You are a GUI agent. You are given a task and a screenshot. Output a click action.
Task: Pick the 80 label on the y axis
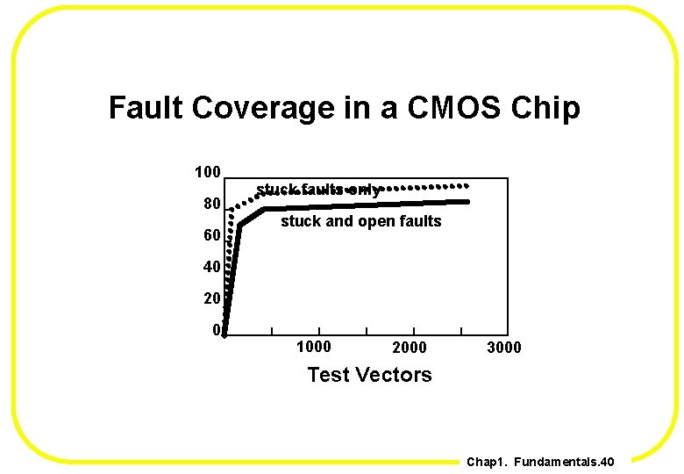[211, 204]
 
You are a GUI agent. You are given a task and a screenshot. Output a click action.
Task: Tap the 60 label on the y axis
[211, 235]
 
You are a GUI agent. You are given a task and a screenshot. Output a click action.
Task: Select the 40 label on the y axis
[211, 267]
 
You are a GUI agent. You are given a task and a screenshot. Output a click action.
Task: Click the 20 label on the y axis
[211, 298]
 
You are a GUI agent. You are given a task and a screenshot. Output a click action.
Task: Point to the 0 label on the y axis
[216, 330]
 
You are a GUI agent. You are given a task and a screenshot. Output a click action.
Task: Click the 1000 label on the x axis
[314, 347]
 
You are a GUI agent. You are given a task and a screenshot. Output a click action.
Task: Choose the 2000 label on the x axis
[409, 348]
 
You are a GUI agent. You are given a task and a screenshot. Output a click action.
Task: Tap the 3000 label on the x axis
[503, 348]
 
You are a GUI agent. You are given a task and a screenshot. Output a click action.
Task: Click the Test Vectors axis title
[369, 375]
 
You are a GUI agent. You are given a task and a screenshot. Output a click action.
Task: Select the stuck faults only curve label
[318, 190]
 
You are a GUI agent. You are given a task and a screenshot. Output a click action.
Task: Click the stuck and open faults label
[360, 221]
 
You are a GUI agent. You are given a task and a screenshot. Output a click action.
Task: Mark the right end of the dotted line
[467, 185]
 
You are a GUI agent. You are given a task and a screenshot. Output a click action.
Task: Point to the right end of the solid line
[467, 202]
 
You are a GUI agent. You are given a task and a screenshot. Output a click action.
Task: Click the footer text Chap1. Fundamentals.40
[540, 462]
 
